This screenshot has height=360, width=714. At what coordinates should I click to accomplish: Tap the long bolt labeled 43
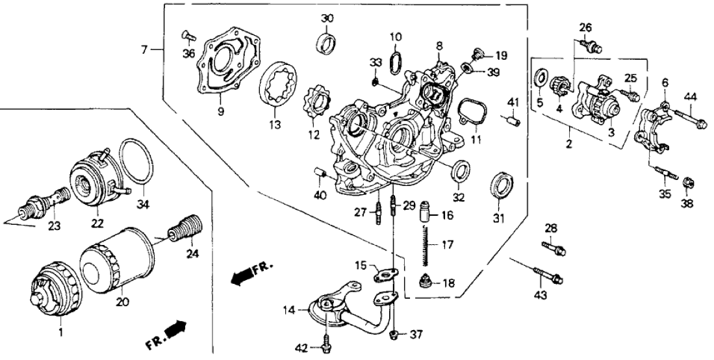coord(548,276)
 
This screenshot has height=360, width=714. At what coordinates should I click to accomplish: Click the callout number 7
coord(146,49)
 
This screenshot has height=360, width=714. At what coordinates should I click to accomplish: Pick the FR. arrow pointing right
coord(170,333)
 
